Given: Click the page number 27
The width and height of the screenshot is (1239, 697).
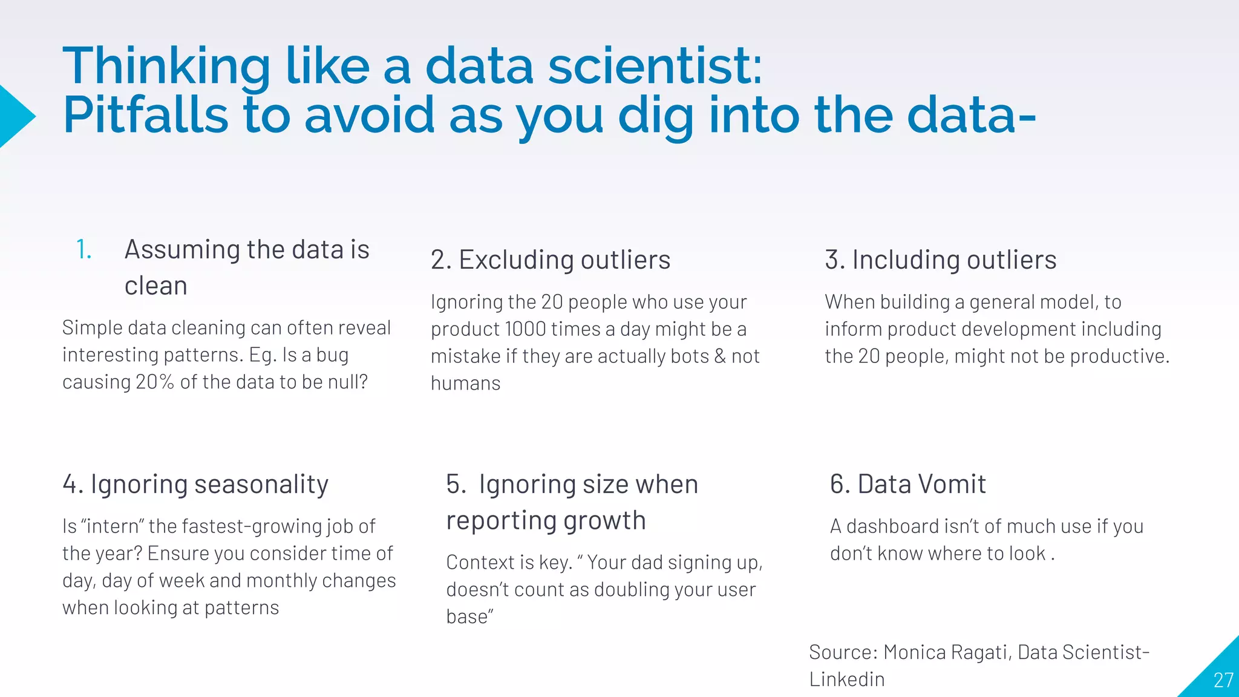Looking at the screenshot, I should point(1223,680).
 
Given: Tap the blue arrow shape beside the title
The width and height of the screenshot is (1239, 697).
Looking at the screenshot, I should point(15,116).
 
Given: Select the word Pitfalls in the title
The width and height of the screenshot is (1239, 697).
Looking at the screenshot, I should point(145,115).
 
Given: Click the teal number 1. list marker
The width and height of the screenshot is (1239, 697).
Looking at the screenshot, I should point(84,250).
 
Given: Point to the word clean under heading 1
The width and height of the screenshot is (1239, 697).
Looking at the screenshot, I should point(155,286).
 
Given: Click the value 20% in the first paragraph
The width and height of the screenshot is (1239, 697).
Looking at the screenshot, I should point(155,382).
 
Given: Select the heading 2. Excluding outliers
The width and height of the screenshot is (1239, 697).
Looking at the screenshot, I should point(550,260).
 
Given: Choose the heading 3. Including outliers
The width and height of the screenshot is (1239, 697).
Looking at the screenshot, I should point(940,260).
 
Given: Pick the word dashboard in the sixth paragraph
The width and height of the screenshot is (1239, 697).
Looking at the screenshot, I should point(883,526).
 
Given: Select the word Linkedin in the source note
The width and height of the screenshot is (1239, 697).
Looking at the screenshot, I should point(846,679).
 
